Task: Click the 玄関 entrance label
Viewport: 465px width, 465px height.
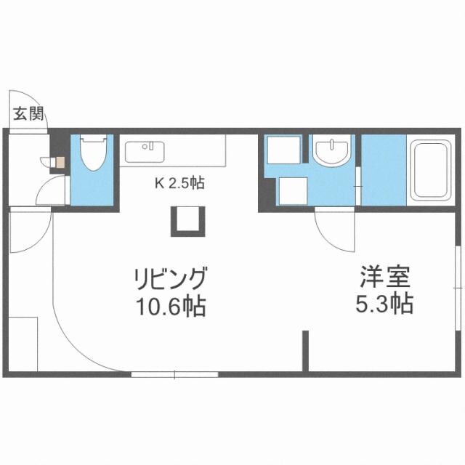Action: [28, 113]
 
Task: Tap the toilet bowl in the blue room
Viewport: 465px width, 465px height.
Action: [92, 154]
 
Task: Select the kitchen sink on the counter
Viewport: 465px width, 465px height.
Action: [145, 152]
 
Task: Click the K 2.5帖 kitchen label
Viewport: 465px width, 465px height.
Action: [179, 183]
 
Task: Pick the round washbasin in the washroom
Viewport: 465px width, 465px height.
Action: [333, 152]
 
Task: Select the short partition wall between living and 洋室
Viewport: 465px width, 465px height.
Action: [306, 352]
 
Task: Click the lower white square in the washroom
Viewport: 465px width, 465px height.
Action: [291, 192]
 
